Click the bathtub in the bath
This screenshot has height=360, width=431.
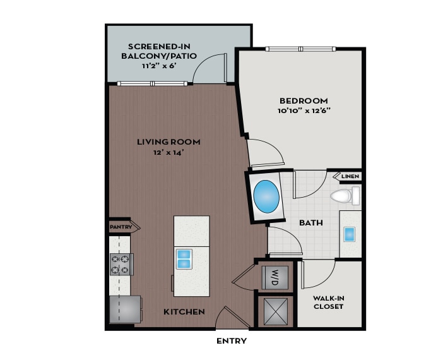click(266, 196)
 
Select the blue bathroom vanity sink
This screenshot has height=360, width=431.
click(350, 234)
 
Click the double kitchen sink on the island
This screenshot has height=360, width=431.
click(184, 259)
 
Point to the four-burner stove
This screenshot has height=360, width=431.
click(121, 264)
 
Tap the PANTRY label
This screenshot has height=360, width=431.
click(120, 226)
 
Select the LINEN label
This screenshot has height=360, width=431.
click(350, 176)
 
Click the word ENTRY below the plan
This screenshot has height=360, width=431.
click(232, 341)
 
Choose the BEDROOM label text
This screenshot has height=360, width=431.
click(304, 100)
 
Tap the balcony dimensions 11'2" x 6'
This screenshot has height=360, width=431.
click(159, 65)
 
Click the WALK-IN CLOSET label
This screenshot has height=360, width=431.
click(328, 302)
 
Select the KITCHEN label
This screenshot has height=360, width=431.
click(184, 312)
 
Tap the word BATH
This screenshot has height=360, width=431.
click(312, 223)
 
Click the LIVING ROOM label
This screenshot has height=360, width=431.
click(168, 141)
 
